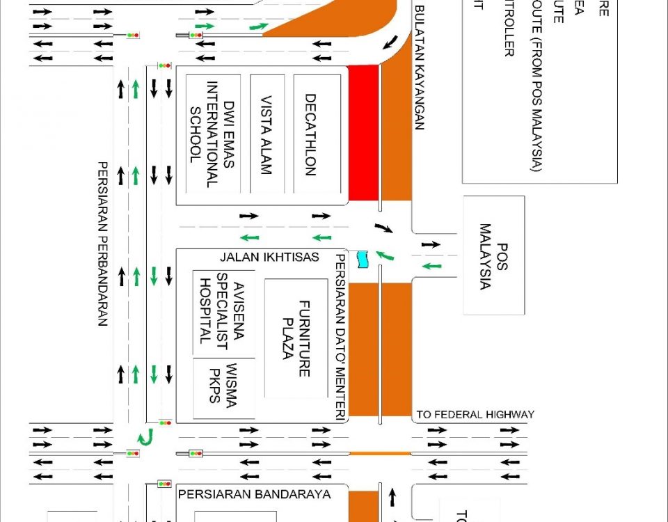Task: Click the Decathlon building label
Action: point(310,134)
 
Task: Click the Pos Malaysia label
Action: point(493,257)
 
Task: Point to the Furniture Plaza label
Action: point(296,339)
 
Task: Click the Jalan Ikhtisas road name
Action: point(269,258)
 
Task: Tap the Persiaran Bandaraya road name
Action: point(255,495)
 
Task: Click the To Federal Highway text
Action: point(475,415)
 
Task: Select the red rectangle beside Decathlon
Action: point(363,132)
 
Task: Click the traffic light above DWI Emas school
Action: point(164,65)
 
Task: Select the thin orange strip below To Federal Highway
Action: point(380,453)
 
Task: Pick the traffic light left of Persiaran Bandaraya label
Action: point(164,483)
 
